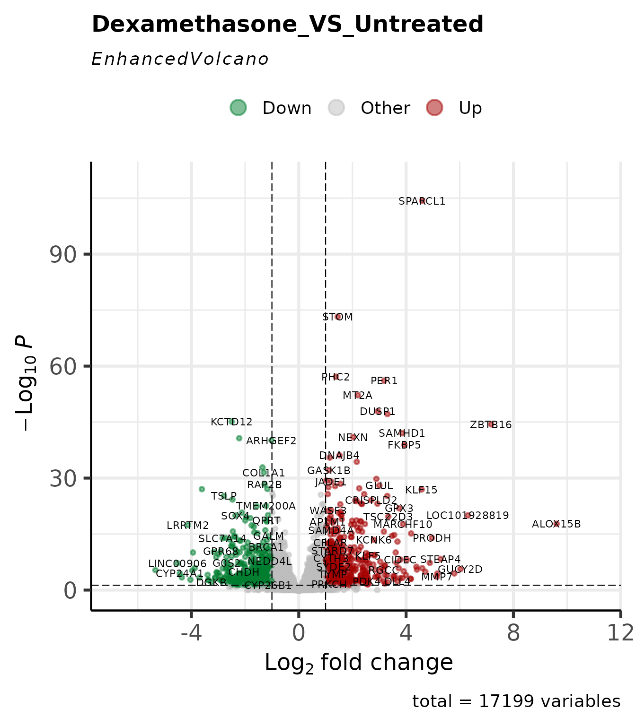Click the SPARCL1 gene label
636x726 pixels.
click(422, 201)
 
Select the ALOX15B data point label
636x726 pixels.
click(556, 524)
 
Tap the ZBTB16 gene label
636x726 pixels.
click(491, 425)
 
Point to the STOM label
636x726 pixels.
click(337, 317)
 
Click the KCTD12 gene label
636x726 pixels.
click(231, 422)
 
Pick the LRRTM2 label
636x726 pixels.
click(188, 526)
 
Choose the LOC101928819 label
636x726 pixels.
click(468, 516)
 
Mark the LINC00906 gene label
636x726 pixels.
click(177, 564)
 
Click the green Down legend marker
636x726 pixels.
click(238, 108)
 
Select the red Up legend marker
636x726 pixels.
click(435, 108)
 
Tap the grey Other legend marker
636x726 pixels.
click(336, 108)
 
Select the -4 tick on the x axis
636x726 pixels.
click(191, 633)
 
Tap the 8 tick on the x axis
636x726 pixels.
click(513, 633)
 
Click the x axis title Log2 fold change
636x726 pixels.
click(359, 663)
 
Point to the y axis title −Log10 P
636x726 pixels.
click(26, 383)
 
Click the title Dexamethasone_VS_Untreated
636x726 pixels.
click(287, 24)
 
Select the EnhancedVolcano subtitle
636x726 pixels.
click(180, 60)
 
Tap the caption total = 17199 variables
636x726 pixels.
click(516, 701)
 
